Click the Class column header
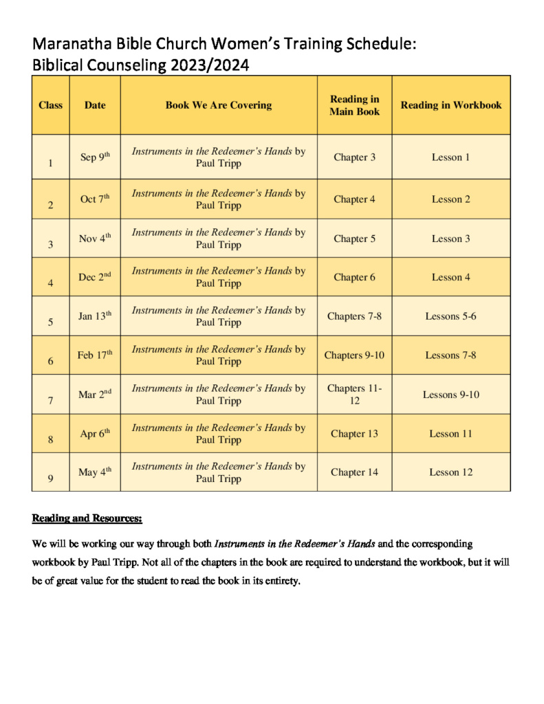tap(50, 105)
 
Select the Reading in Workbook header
tap(451, 105)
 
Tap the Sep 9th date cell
tap(95, 157)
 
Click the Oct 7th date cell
tap(95, 199)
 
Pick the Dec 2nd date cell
tap(95, 277)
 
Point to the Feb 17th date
tap(95, 355)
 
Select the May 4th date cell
tap(95, 472)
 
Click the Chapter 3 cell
tap(354, 157)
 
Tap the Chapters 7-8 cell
tap(354, 316)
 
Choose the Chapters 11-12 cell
tap(354, 394)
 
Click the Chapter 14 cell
tap(354, 472)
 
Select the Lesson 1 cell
tap(450, 157)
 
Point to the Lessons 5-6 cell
tap(450, 316)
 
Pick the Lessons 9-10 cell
tap(450, 395)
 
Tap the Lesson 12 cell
tap(450, 472)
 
